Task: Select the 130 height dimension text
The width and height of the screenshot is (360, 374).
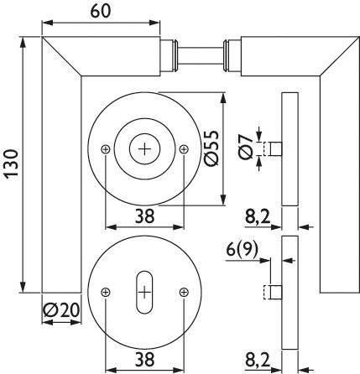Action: tap(9, 163)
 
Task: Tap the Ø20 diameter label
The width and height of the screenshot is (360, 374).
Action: tap(60, 312)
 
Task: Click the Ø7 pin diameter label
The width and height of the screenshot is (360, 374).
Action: tap(244, 148)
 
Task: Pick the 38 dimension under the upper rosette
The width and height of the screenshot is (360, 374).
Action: tap(143, 216)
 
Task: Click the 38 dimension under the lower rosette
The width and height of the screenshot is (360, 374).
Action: tap(143, 359)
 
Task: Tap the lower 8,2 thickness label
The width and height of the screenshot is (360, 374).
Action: tap(258, 359)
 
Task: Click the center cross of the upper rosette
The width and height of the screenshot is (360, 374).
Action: tap(144, 148)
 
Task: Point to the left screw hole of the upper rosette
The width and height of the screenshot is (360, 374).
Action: tap(105, 148)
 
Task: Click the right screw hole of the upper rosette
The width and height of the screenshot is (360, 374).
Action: tap(184, 148)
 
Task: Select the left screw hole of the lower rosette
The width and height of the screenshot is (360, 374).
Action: tap(105, 291)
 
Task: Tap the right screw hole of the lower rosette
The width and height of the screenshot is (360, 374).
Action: tap(184, 291)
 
